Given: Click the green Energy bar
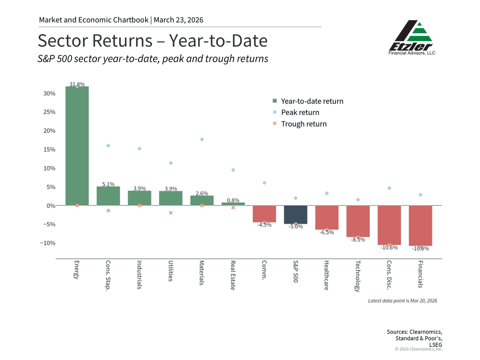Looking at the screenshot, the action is [77, 146].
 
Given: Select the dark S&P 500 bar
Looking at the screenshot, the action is [296, 214].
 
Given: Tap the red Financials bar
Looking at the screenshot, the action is [420, 225].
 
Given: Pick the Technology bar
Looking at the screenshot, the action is [358, 221].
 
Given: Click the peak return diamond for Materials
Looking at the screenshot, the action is [202, 140].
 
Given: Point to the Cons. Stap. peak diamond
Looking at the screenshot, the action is [108, 146].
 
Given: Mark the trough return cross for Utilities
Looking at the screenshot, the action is [171, 213].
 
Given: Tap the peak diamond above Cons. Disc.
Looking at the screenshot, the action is [389, 188].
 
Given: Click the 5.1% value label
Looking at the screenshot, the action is [108, 184].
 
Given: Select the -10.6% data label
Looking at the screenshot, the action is [389, 248].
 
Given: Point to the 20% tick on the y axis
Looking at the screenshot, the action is [50, 131].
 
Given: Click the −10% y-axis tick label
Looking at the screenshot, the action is [48, 243].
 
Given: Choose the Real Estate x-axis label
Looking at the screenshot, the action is [233, 275].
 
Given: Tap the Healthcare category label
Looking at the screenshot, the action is [326, 275].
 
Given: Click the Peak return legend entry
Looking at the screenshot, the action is [296, 112].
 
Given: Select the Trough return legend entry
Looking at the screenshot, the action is [300, 124].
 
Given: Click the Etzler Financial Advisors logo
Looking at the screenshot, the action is [412, 38].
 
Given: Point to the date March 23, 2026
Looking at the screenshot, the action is [178, 20].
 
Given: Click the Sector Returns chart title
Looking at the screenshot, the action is [153, 41].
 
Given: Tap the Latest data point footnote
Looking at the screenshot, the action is [402, 301].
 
